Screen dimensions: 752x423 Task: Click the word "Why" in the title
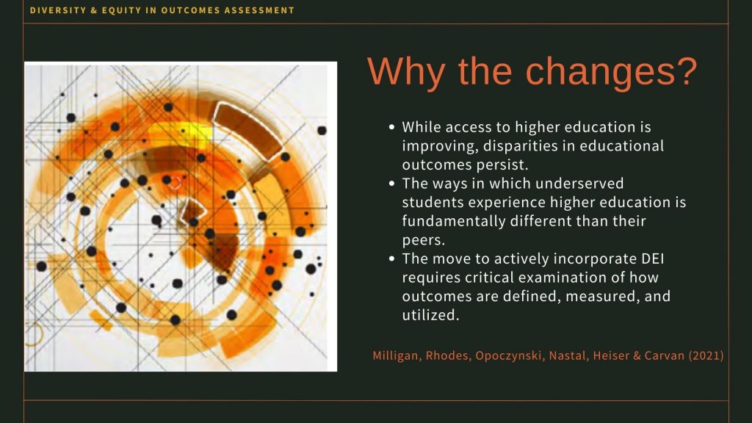pyautogui.click(x=406, y=72)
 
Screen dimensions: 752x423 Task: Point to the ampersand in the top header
pyautogui.click(x=93, y=10)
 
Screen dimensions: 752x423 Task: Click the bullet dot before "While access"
pyautogui.click(x=392, y=127)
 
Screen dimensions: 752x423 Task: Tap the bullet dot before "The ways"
pyautogui.click(x=392, y=183)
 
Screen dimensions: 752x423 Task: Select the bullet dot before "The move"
pyautogui.click(x=392, y=258)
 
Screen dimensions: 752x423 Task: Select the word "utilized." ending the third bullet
pyautogui.click(x=430, y=315)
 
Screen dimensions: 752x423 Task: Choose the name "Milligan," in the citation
pyautogui.click(x=397, y=355)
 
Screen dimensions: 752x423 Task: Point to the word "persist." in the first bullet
pyautogui.click(x=502, y=165)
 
